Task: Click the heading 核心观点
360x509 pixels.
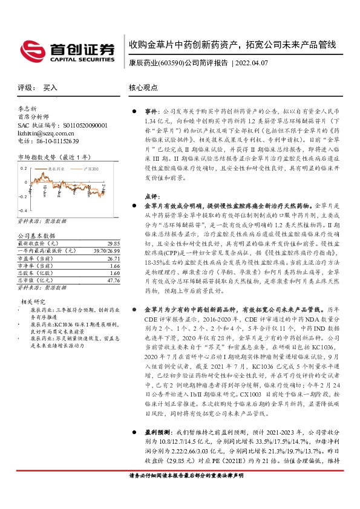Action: (x=142, y=88)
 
